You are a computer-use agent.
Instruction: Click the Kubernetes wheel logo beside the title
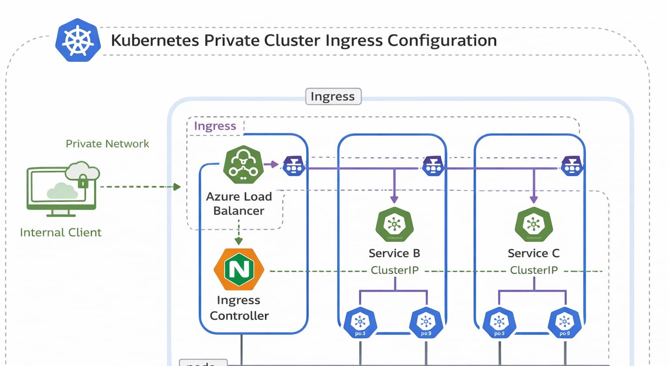pyautogui.click(x=78, y=40)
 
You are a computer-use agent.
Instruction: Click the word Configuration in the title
pyautogui.click(x=442, y=41)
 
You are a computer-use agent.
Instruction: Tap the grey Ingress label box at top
pyautogui.click(x=333, y=96)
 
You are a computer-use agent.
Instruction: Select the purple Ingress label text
pyautogui.click(x=215, y=126)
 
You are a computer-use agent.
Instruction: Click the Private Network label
pyautogui.click(x=107, y=144)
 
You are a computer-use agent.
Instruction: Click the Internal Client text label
pyautogui.click(x=60, y=232)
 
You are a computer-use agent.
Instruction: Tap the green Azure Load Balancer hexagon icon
pyautogui.click(x=243, y=165)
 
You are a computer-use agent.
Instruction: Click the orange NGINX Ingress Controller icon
pyautogui.click(x=239, y=269)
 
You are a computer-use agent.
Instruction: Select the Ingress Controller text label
pyautogui.click(x=239, y=308)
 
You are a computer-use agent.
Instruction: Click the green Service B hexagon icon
pyautogui.click(x=394, y=224)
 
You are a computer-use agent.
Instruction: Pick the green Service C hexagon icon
pyautogui.click(x=534, y=224)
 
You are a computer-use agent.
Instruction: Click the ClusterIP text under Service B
pyautogui.click(x=394, y=270)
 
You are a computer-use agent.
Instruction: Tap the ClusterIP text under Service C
pyautogui.click(x=534, y=270)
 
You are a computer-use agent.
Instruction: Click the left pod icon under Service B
pyautogui.click(x=360, y=323)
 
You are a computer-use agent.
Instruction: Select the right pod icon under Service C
pyautogui.click(x=564, y=323)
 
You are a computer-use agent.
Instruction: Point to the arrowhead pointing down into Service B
pyautogui.click(x=394, y=200)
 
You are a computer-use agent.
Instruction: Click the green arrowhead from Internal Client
pyautogui.click(x=177, y=187)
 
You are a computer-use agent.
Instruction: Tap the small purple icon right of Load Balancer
pyautogui.click(x=294, y=166)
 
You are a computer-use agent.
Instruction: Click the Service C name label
pyautogui.click(x=534, y=253)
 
